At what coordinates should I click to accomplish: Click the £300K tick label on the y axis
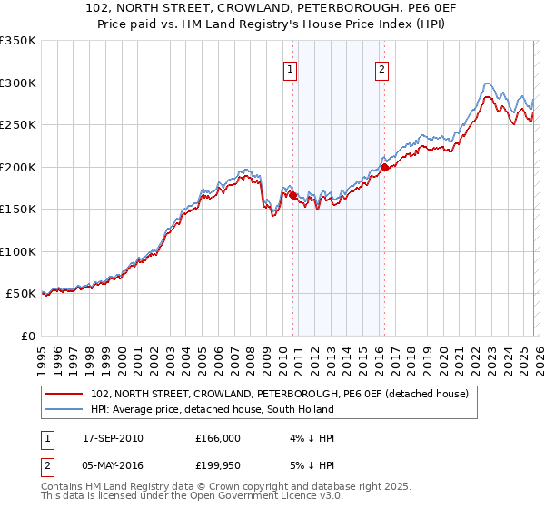(18, 83)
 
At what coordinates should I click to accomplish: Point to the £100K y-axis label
(18, 251)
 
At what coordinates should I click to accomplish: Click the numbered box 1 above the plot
(290, 68)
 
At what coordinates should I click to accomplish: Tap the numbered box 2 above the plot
(382, 68)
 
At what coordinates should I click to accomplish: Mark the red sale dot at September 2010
(292, 196)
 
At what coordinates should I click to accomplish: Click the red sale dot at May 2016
(384, 167)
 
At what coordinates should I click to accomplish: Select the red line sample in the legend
(64, 394)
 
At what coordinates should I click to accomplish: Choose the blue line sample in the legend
(64, 409)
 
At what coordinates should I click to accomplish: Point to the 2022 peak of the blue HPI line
(488, 83)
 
